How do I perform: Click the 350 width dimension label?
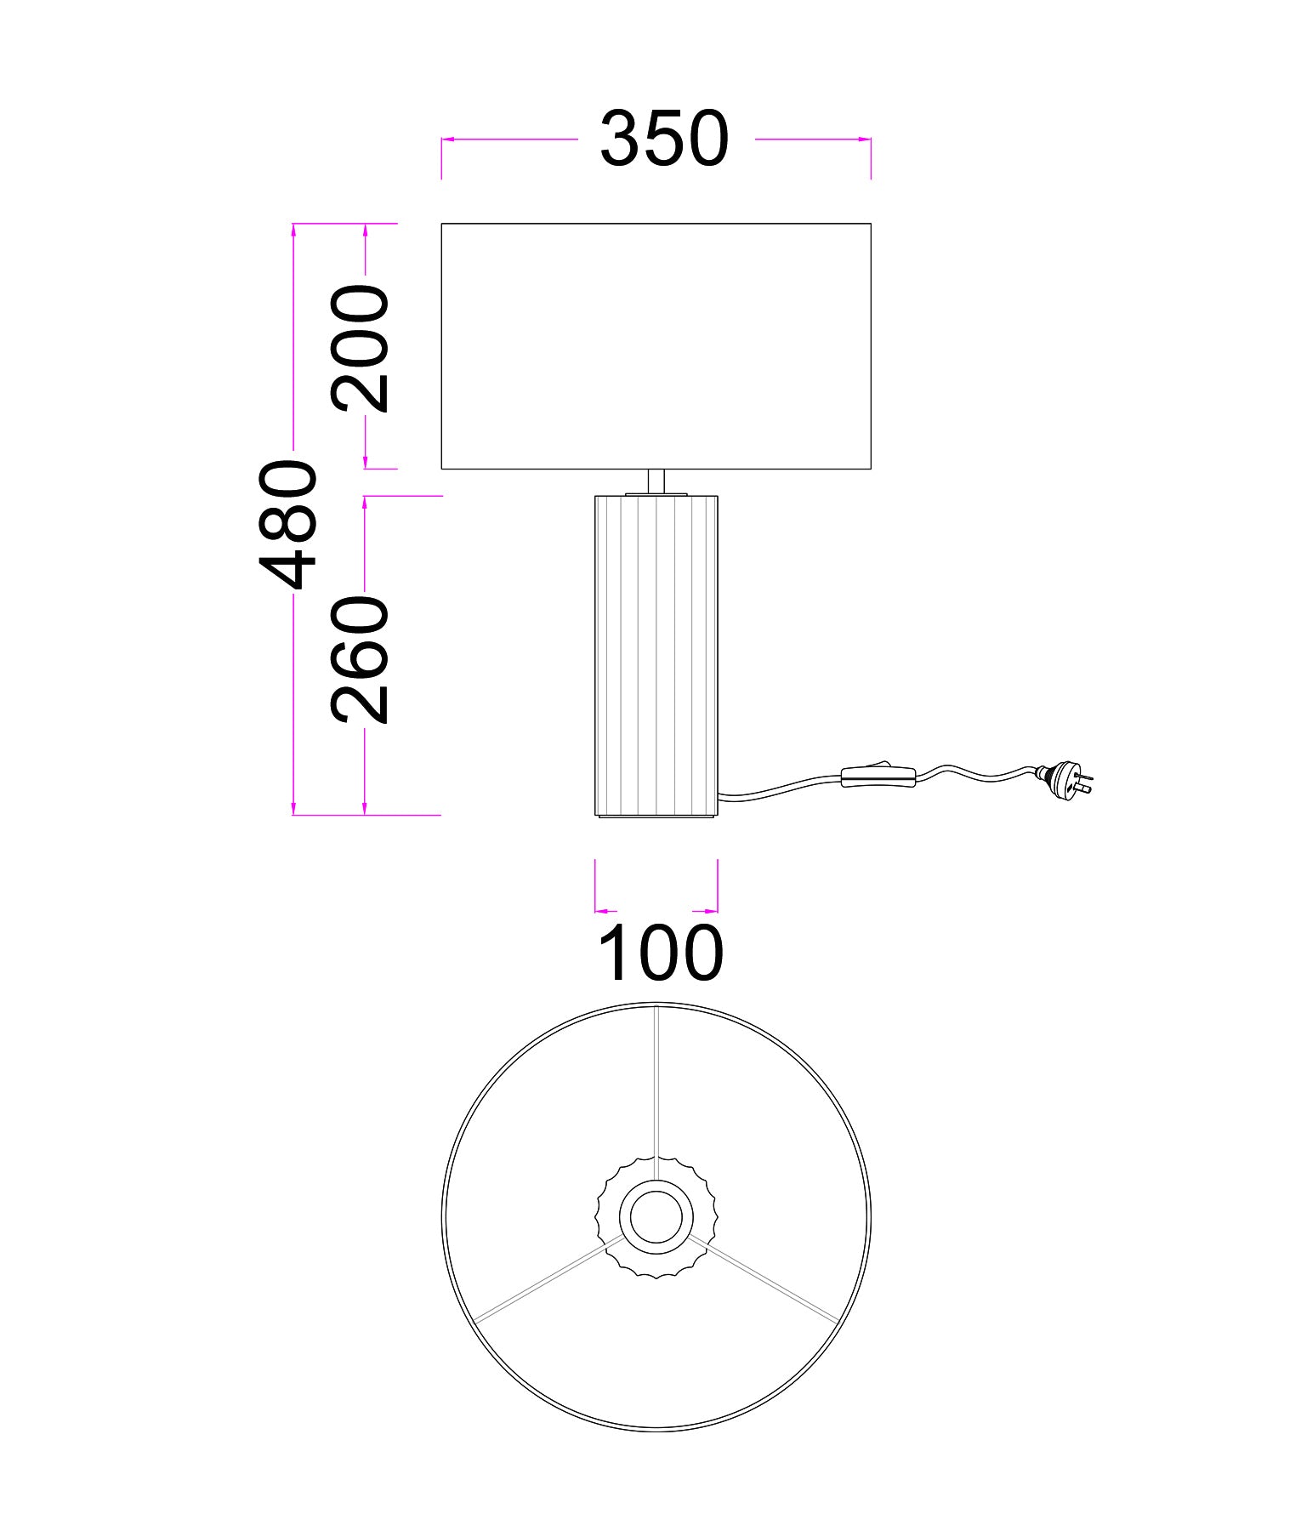click(x=664, y=139)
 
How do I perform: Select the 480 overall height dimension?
click(x=288, y=525)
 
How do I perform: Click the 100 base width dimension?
click(x=661, y=953)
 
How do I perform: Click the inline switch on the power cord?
click(x=878, y=776)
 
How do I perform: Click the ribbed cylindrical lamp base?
click(x=656, y=656)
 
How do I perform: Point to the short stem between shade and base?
click(x=656, y=481)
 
